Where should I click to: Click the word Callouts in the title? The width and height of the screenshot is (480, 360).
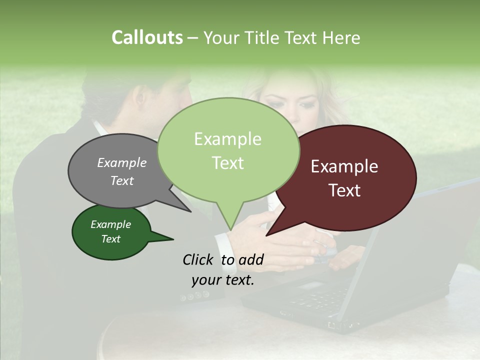pyautogui.click(x=147, y=37)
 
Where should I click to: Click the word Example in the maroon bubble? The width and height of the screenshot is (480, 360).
pyautogui.click(x=344, y=166)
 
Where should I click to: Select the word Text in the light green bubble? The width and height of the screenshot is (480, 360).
pyautogui.click(x=228, y=163)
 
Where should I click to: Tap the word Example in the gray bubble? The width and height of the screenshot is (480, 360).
pyautogui.click(x=122, y=162)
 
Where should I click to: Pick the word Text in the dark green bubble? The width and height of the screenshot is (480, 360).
pyautogui.click(x=111, y=239)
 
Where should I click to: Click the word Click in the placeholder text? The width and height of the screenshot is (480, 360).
pyautogui.click(x=197, y=259)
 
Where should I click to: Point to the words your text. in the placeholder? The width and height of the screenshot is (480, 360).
pyautogui.click(x=222, y=280)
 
